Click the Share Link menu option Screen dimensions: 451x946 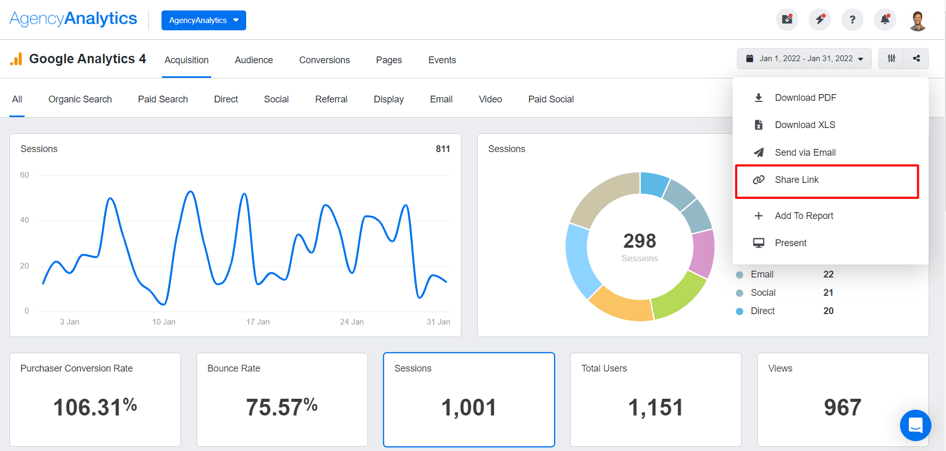coord(797,180)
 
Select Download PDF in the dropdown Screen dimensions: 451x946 coord(805,98)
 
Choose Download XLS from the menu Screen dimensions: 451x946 coord(804,125)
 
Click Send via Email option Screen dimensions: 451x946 coord(805,153)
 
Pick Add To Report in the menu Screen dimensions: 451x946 coord(803,216)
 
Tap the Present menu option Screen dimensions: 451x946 coord(790,243)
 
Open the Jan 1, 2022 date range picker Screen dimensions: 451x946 coord(804,59)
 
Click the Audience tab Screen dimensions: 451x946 coord(253,60)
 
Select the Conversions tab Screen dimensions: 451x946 coord(324,60)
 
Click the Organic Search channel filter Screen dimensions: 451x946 coord(80,99)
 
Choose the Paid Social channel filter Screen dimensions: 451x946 coord(550,99)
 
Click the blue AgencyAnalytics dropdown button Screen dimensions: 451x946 coord(203,20)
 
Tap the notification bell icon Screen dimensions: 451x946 coord(885,20)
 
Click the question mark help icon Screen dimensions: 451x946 coord(852,20)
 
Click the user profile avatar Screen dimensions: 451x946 coord(918,20)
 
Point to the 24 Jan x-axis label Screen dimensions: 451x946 coord(352,322)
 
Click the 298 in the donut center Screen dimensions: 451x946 coord(639,241)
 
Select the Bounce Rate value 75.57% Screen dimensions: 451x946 coord(282,407)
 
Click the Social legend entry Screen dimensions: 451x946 coord(763,293)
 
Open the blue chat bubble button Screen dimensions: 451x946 coord(915,425)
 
